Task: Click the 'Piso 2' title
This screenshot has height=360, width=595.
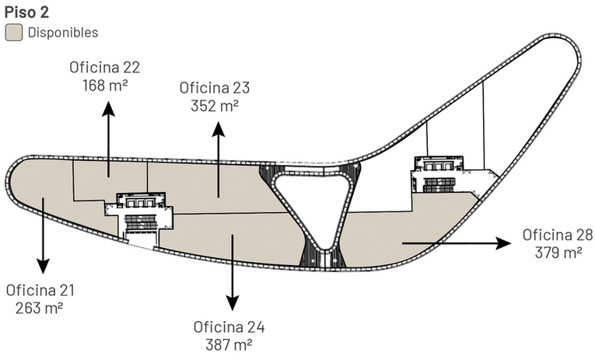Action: click(26, 12)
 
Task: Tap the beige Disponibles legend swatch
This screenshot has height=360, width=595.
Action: click(13, 33)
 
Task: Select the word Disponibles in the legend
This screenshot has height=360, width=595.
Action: click(62, 33)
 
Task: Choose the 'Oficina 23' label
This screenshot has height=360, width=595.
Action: click(214, 87)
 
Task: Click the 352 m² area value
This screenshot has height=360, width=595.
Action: click(214, 104)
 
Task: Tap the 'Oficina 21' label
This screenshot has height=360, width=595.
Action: click(40, 290)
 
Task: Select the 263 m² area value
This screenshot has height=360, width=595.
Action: click(40, 307)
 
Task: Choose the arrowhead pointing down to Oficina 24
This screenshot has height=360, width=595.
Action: click(231, 305)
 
